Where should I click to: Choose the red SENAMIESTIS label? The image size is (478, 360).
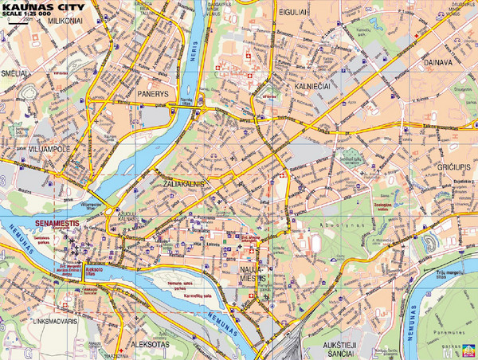pos(57,225)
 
